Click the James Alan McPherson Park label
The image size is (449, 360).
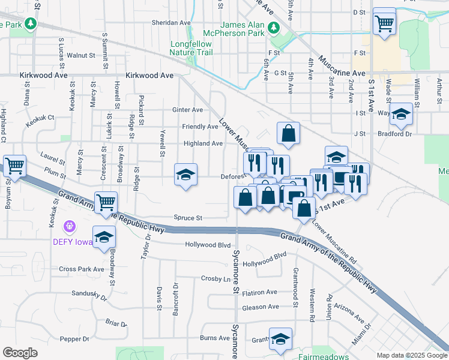pos(243,29)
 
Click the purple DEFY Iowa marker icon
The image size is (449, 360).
pos(70,226)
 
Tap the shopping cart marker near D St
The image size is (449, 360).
pos(384,24)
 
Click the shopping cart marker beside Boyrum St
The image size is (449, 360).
pos(14,166)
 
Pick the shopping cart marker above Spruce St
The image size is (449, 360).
pos(106,202)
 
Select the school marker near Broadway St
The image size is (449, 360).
pos(104,237)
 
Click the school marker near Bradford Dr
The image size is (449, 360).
pos(402,113)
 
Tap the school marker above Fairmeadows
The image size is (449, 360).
pos(280,339)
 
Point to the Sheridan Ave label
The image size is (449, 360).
pos(171,23)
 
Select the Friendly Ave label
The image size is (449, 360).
pos(200,127)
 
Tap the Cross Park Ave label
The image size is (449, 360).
pos(82,269)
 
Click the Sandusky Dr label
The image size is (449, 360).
pos(89,294)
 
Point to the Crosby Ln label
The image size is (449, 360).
pos(215,279)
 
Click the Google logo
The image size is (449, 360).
pos(20,353)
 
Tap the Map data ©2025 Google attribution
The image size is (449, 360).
pos(411,355)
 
